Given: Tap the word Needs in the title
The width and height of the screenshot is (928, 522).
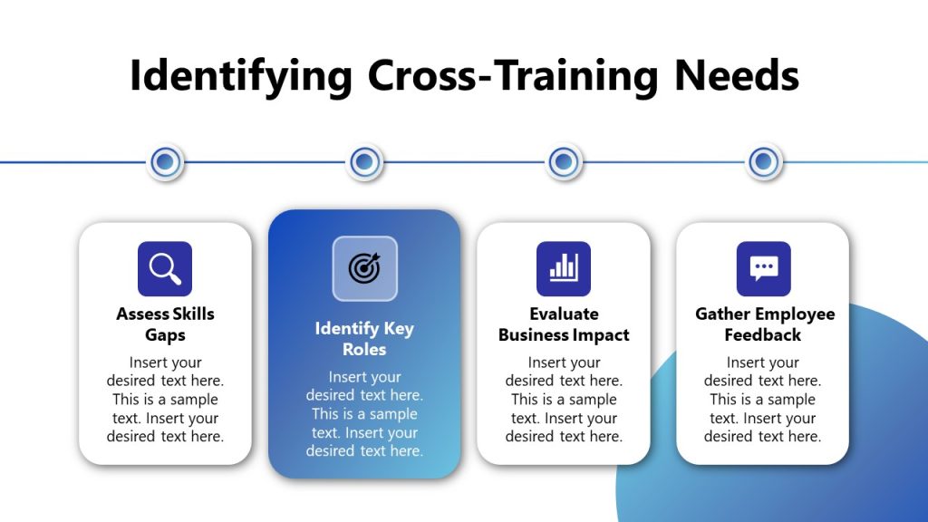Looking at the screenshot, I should [737, 76].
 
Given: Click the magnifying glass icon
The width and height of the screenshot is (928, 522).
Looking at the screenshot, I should [165, 269].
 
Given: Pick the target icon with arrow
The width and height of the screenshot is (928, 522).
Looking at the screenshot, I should [364, 268].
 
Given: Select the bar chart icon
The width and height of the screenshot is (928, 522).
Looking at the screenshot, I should [564, 269].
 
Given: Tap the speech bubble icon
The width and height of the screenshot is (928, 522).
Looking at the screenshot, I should [763, 269].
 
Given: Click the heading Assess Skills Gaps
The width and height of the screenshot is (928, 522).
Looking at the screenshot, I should [165, 324].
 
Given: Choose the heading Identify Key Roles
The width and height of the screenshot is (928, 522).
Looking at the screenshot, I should [364, 339].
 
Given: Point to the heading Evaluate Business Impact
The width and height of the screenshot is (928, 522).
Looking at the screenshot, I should [564, 324].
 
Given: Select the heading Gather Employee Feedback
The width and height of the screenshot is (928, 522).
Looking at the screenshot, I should [763, 324].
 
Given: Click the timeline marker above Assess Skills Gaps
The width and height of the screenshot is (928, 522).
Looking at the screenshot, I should [165, 162].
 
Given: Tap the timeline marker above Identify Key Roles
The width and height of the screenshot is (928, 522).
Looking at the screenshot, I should [364, 162].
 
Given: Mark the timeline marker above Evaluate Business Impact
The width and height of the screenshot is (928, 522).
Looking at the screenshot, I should [564, 162].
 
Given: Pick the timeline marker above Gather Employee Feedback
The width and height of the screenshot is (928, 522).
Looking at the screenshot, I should [764, 162].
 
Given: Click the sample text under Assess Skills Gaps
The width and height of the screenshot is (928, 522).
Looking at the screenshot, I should [165, 399].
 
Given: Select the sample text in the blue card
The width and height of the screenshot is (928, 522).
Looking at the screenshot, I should [364, 413].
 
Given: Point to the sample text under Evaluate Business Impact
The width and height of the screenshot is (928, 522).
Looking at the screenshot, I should [564, 399].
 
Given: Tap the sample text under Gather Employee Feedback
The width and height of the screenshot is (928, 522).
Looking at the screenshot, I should [763, 399].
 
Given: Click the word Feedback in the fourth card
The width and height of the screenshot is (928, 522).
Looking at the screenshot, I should [763, 335].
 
